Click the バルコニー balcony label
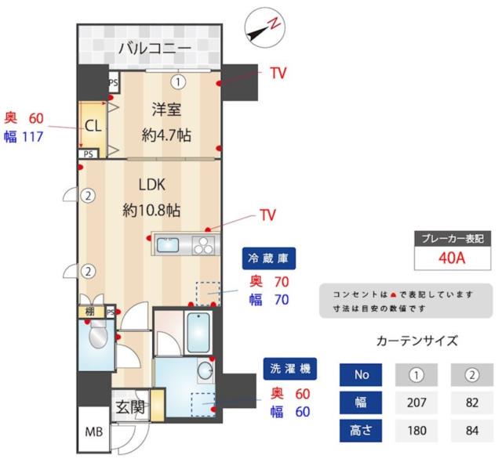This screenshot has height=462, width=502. [x=154, y=49]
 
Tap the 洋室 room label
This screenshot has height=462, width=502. [x=167, y=110]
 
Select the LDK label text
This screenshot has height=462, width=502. [x=152, y=186]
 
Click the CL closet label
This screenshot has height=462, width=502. [x=93, y=126]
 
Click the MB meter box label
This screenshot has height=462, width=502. [x=93, y=432]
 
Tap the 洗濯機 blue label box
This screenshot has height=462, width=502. [x=290, y=368]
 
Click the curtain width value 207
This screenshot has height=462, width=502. [x=417, y=403]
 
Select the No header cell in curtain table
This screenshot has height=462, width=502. [x=361, y=375]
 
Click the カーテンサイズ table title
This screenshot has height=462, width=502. [x=417, y=341]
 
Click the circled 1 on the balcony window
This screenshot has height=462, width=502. [x=178, y=81]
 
